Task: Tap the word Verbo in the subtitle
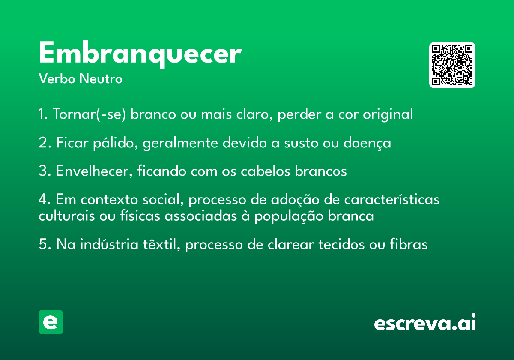(57, 79)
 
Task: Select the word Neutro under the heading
(101, 79)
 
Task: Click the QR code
(452, 65)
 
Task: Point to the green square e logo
(51, 322)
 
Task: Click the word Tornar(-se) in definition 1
(89, 114)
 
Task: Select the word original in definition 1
(388, 114)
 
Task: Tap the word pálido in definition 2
(115, 143)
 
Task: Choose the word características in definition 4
(391, 199)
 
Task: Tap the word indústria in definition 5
(109, 244)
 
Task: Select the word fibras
(409, 244)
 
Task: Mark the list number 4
(44, 199)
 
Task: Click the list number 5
(45, 244)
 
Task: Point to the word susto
(301, 143)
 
